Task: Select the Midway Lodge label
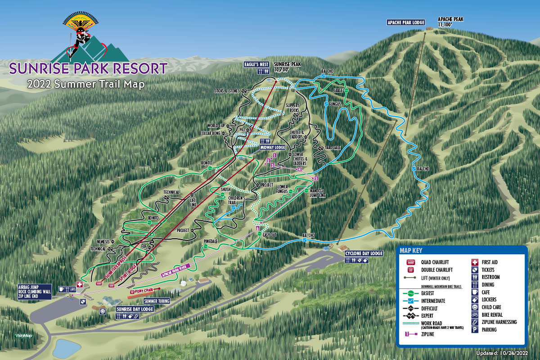[x=273, y=147]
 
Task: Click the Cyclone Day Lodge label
[x=364, y=253]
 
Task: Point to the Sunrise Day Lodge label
[x=135, y=309]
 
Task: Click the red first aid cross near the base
[x=80, y=284]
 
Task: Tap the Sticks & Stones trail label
[x=227, y=91]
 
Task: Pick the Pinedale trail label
[x=211, y=242]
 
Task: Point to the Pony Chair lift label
[x=146, y=291]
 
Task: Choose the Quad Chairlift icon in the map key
[x=410, y=262]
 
